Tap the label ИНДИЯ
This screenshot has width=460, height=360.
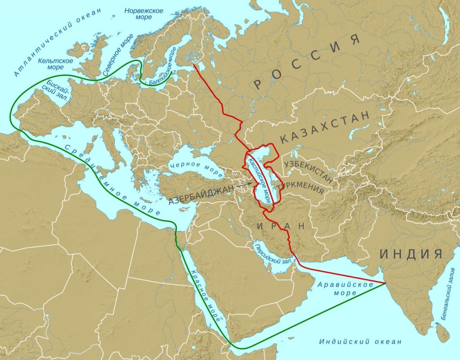point(411,254)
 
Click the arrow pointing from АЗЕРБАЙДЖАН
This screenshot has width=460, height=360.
point(244,185)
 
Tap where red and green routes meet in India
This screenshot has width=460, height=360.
point(385,283)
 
